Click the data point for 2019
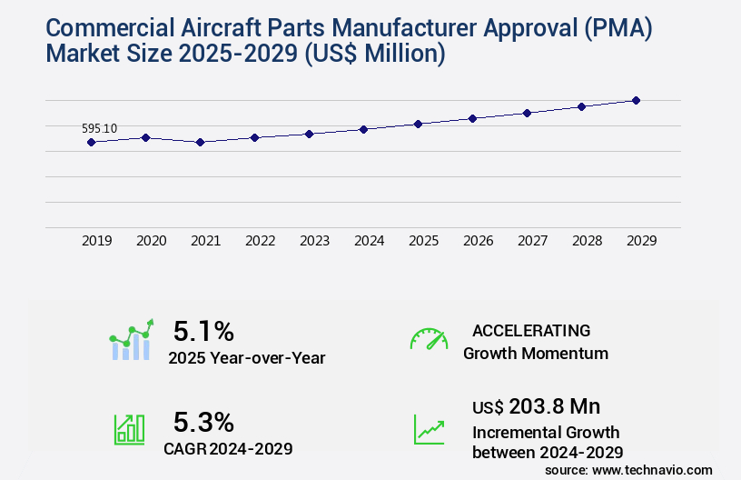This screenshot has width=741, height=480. click(x=91, y=142)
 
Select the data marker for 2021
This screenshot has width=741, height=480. click(x=200, y=142)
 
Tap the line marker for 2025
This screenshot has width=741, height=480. click(x=418, y=124)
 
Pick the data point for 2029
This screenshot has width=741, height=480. click(x=636, y=100)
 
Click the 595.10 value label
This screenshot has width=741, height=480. click(x=99, y=128)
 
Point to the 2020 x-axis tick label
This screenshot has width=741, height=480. click(x=151, y=241)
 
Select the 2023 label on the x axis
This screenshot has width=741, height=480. click(x=314, y=241)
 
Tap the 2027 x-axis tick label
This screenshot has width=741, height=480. click(x=532, y=241)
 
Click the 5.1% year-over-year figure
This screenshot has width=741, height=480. click(x=203, y=331)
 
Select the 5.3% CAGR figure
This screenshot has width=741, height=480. click(x=203, y=422)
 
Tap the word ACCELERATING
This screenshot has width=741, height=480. click(x=531, y=331)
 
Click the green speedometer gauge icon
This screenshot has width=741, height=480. click(x=428, y=339)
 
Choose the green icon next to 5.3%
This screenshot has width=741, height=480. click(x=128, y=429)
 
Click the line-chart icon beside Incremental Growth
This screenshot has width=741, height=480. click(x=428, y=429)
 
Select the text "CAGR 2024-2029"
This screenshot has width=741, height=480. click(x=228, y=448)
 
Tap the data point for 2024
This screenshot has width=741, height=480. click(x=363, y=129)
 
